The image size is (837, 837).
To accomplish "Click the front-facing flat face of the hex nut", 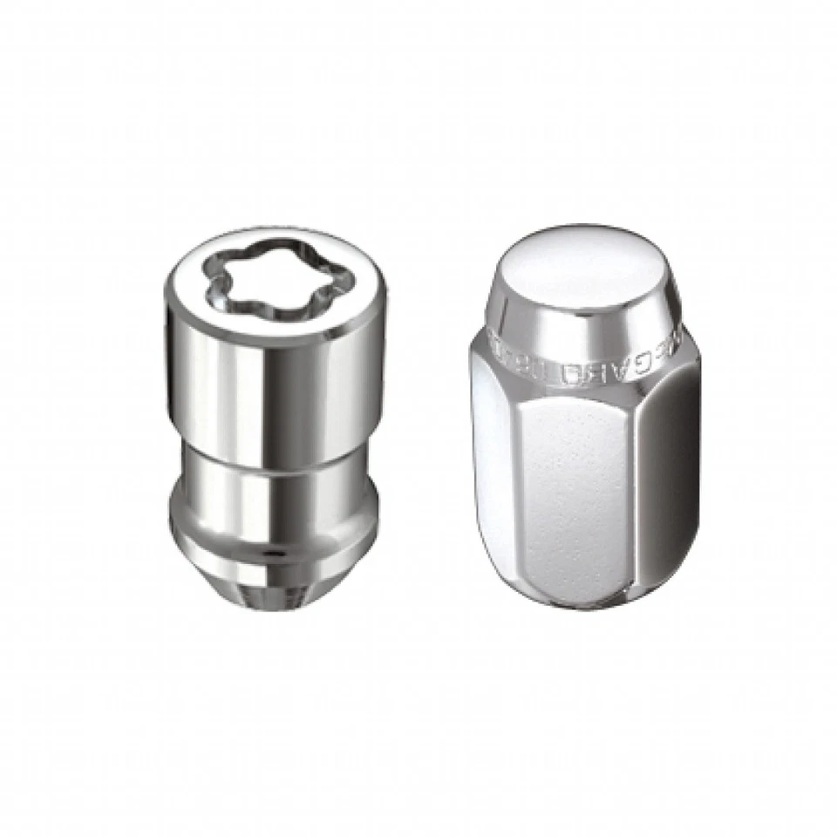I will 571,488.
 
